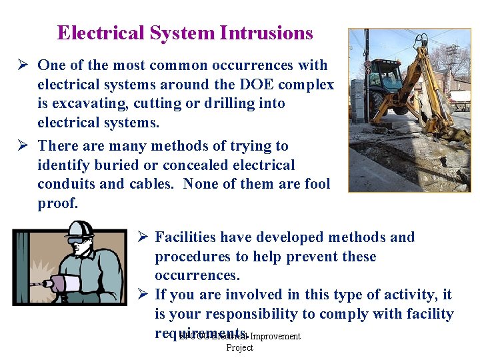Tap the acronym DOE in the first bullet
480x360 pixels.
(274, 85)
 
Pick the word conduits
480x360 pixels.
(67, 184)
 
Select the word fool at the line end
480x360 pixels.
(315, 184)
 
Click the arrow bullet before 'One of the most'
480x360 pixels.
(22, 65)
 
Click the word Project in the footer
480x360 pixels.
(239, 347)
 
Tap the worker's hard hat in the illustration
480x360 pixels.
(80, 230)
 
